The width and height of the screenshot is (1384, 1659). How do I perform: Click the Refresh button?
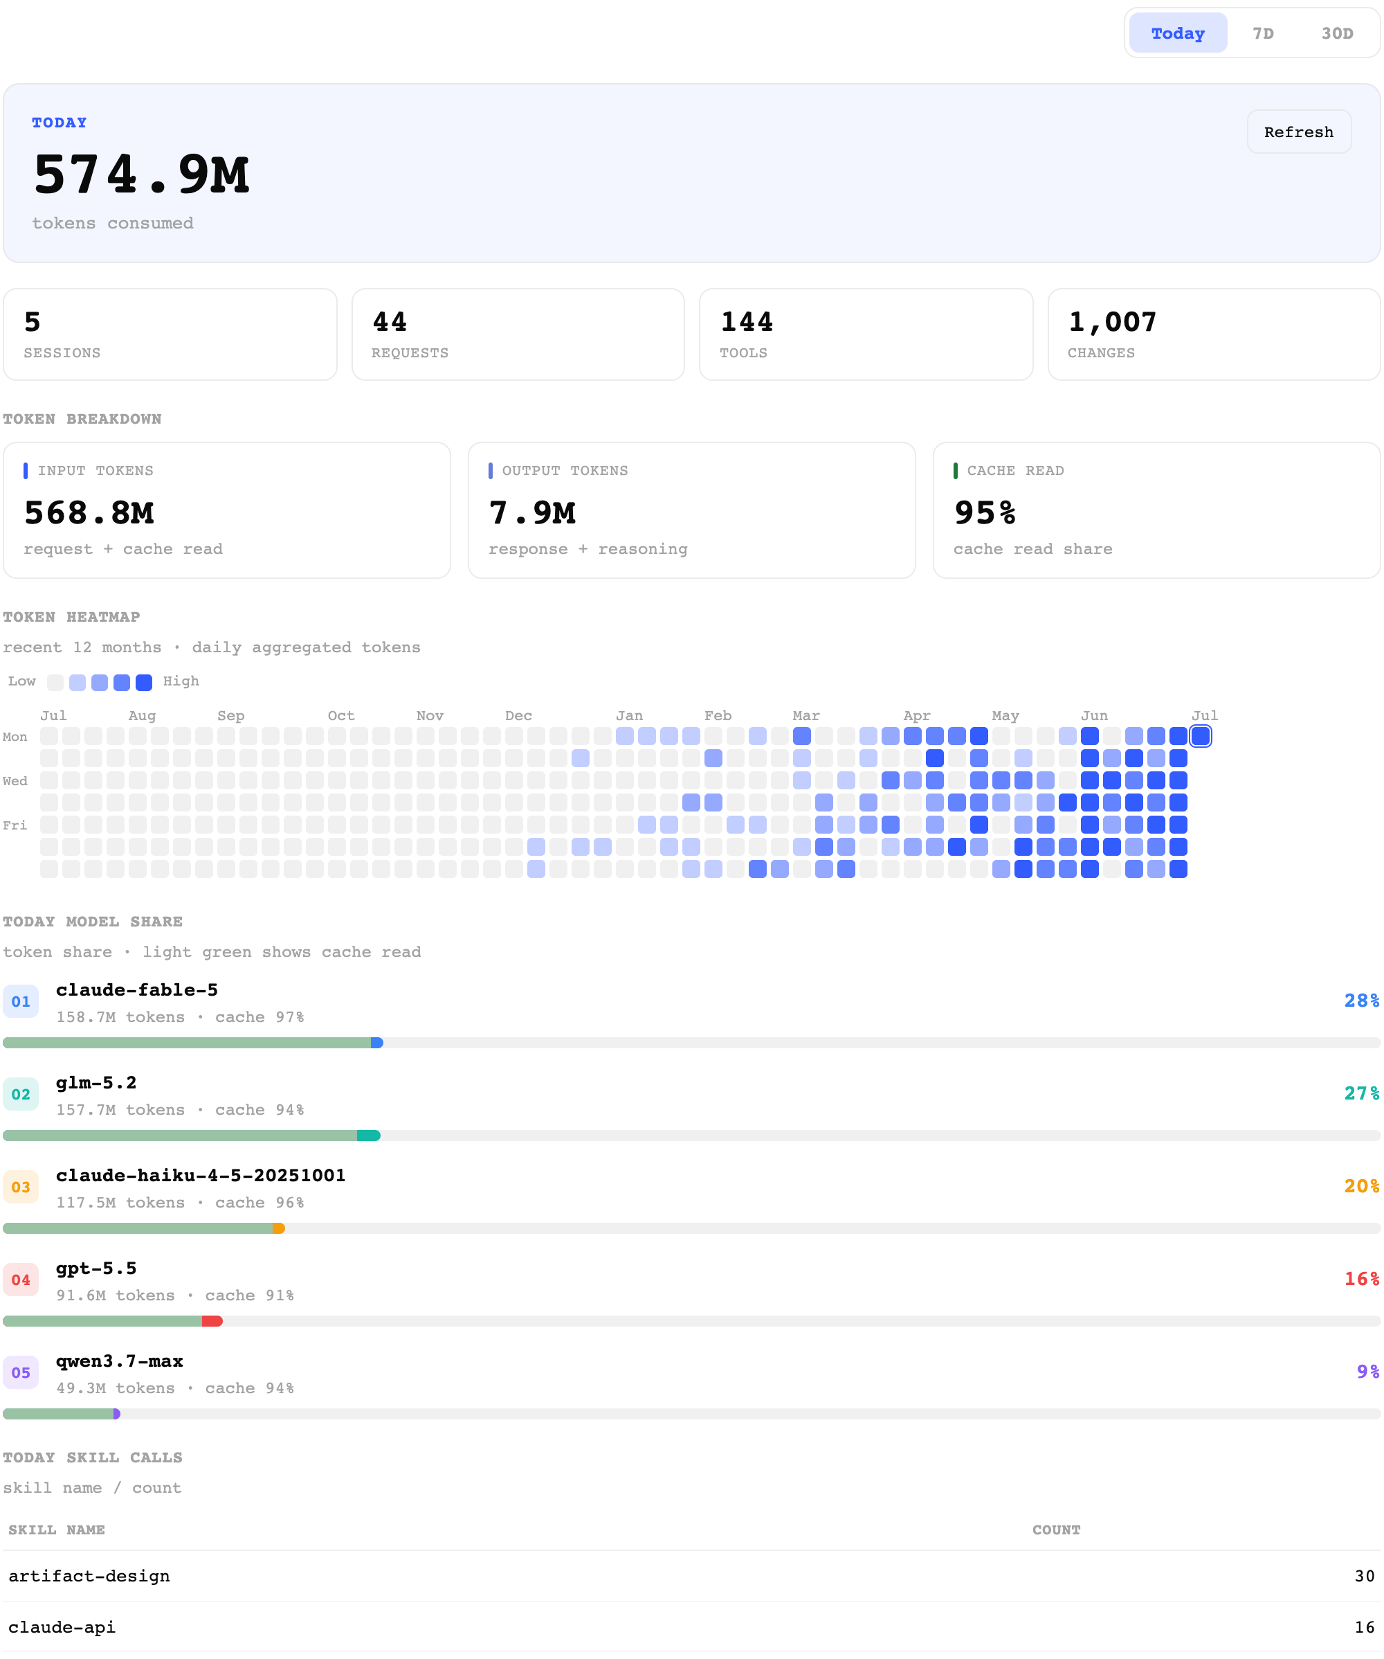tap(1298, 132)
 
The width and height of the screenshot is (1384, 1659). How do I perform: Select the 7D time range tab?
tap(1262, 33)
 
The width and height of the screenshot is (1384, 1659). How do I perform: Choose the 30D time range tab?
tap(1337, 33)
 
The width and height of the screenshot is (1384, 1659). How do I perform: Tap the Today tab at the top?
tap(1177, 33)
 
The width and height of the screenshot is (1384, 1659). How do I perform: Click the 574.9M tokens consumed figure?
tap(141, 174)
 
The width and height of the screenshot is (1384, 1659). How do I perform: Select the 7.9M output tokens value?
tap(532, 512)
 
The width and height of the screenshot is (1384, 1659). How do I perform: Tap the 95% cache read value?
tap(985, 512)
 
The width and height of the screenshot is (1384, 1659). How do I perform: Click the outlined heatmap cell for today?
tap(1200, 736)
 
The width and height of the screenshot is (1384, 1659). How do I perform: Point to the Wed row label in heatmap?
tap(15, 780)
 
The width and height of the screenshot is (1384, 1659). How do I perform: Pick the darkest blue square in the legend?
tap(144, 683)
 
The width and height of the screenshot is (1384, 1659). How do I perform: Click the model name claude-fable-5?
tap(136, 990)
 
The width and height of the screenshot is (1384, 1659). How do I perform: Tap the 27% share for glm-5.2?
tap(1362, 1093)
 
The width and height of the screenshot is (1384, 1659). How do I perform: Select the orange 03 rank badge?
tap(21, 1187)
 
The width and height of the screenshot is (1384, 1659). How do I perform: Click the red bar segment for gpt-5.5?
tap(212, 1321)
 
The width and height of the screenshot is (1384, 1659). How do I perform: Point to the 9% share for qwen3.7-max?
tap(1368, 1372)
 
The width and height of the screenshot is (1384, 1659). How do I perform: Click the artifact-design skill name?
tap(89, 1576)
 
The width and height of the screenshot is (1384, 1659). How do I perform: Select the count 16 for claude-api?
tap(1364, 1627)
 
